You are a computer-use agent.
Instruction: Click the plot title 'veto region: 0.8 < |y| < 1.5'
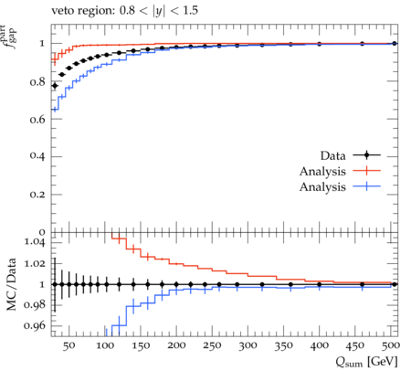click(x=124, y=11)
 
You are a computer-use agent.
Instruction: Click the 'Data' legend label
click(x=332, y=155)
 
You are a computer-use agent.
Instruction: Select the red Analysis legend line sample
click(x=367, y=171)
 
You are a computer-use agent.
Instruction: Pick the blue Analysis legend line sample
click(x=367, y=186)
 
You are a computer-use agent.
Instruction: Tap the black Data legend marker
click(x=367, y=155)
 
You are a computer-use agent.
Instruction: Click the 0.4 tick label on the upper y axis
click(x=37, y=156)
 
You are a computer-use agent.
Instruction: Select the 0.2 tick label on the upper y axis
click(x=37, y=194)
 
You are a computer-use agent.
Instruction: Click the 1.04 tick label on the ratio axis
click(x=35, y=242)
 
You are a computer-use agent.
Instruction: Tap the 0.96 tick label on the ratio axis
click(x=35, y=325)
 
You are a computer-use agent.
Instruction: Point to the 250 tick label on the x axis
click(x=212, y=345)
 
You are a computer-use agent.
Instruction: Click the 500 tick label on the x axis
click(x=391, y=345)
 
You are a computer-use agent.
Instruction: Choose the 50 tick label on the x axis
click(x=69, y=345)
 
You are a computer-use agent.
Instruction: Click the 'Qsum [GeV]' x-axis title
click(x=366, y=362)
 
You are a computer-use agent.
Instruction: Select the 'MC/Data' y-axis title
click(x=11, y=284)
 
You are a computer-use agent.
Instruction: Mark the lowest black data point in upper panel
click(x=55, y=86)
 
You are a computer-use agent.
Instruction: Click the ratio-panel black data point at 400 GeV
click(x=320, y=284)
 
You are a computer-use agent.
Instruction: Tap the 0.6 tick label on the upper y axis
click(x=37, y=119)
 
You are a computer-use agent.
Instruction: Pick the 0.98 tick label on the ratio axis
click(x=35, y=304)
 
